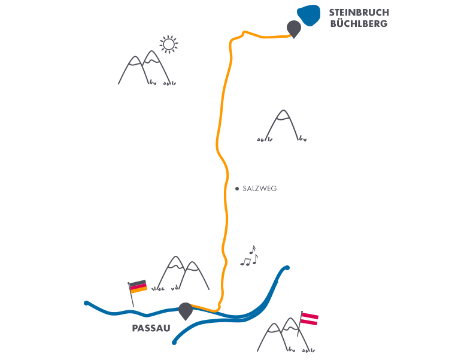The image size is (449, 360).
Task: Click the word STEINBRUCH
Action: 359,13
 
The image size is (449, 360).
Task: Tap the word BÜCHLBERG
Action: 359,23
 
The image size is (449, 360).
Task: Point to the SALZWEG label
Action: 260,188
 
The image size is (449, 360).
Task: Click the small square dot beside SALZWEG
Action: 237,188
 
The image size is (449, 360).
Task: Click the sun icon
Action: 169,44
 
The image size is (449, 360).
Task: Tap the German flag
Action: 138,286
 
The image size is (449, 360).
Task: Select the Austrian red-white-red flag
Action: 309,318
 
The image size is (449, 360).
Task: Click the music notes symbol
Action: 250,256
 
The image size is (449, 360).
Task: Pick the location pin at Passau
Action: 186,310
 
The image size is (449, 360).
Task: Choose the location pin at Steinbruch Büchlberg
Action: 293,28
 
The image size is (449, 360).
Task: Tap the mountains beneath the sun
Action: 145,68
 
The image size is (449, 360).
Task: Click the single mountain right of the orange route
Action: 283,126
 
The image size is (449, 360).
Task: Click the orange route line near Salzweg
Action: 226,189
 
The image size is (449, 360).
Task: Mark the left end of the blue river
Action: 87,304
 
